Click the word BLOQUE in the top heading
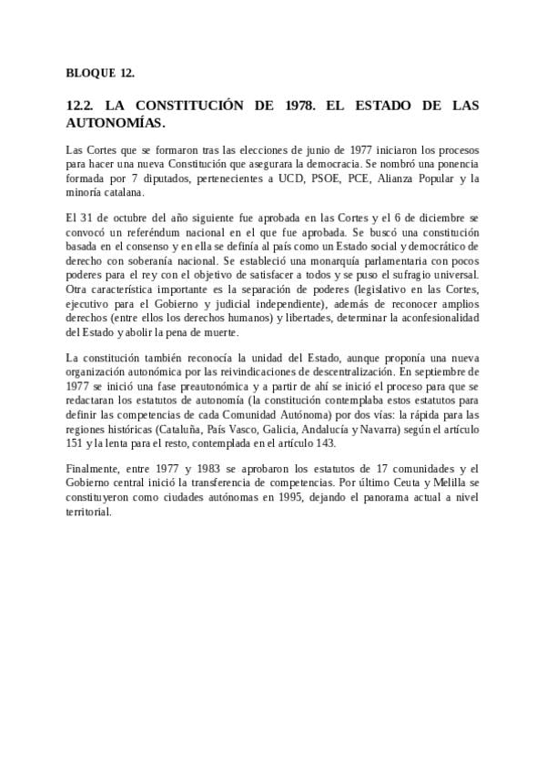point(87,72)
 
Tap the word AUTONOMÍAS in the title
point(116,121)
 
